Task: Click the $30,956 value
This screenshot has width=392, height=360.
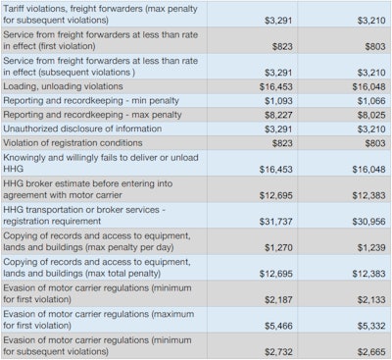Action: coord(366,223)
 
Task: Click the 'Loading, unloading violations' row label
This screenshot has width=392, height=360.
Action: coord(66,87)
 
